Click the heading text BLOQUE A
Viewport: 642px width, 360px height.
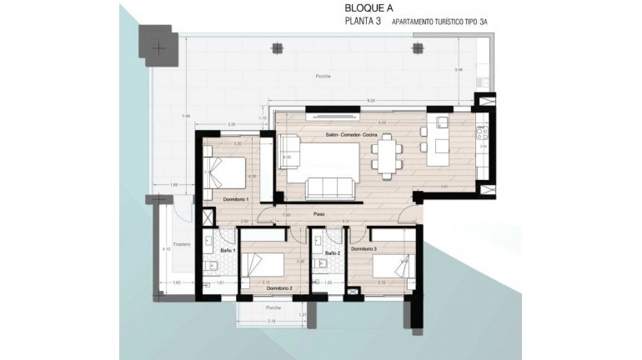pos(369,7)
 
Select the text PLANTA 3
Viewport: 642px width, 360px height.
pos(364,22)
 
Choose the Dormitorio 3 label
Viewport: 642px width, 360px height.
pos(364,249)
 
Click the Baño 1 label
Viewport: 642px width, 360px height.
pos(228,250)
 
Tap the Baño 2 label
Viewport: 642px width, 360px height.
pos(332,252)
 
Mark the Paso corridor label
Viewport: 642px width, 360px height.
pos(318,214)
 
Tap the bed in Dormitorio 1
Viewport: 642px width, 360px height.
pos(224,172)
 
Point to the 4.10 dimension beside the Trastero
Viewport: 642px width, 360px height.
pos(166,248)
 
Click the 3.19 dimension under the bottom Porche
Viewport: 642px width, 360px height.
pos(271,321)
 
